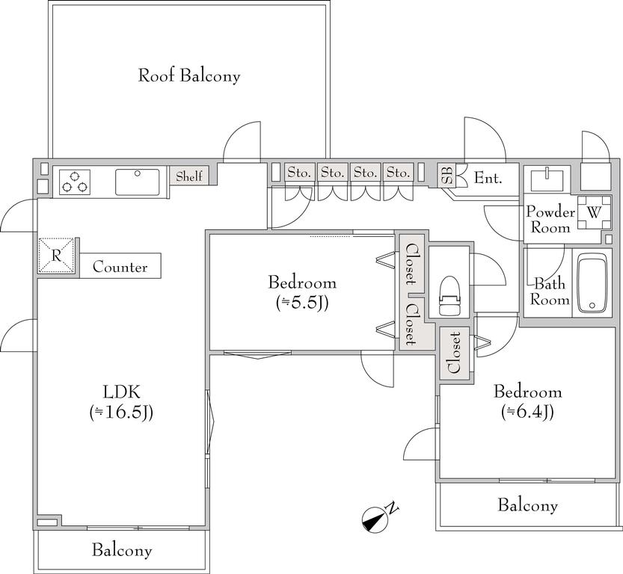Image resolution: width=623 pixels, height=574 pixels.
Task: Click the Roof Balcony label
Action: point(189,75)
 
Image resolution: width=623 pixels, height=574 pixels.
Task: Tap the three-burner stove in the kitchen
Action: point(74,182)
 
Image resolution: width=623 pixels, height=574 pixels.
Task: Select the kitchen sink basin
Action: point(137,182)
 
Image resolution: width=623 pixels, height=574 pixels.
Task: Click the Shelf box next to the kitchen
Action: point(189,176)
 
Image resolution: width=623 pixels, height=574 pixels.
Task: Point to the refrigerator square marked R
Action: point(56,256)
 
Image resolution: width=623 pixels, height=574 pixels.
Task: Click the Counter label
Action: point(120,267)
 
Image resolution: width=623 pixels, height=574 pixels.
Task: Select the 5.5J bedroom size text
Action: point(302,303)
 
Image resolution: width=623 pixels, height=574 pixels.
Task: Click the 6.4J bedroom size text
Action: point(528,412)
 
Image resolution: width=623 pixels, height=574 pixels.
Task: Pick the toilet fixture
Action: point(449,295)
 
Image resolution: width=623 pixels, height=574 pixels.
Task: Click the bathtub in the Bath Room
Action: point(592,283)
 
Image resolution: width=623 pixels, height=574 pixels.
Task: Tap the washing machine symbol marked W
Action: point(594,213)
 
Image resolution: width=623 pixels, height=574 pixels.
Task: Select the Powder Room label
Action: point(550,220)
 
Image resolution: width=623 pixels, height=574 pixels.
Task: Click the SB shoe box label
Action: point(446,176)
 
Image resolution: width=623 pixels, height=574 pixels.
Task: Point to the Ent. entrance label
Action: point(488,178)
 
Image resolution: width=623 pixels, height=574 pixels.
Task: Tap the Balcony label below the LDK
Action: point(122,551)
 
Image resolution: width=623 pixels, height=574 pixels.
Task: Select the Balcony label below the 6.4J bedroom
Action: point(528,505)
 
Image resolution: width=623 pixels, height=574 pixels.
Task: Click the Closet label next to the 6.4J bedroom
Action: point(454,353)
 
